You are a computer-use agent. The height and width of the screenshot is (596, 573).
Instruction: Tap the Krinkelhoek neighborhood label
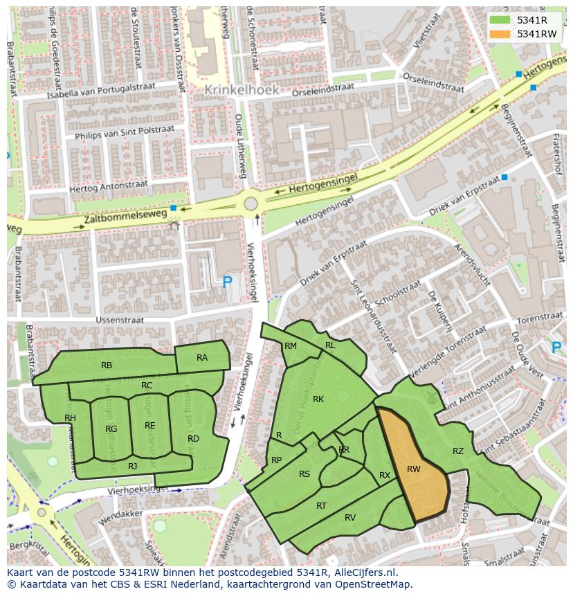click(x=242, y=90)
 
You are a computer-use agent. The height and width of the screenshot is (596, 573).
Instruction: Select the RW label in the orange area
click(x=414, y=469)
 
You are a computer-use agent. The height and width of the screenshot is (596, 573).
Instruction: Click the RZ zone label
click(x=458, y=451)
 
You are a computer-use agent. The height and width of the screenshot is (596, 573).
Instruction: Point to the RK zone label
click(x=318, y=399)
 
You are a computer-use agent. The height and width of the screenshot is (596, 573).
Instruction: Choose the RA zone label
click(x=202, y=358)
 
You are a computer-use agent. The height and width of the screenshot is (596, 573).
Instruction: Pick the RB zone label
click(x=107, y=365)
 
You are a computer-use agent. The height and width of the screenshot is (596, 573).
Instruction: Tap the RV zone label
click(x=350, y=517)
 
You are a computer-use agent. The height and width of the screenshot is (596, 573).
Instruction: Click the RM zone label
click(x=291, y=346)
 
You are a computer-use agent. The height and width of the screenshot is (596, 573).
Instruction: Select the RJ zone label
click(x=133, y=467)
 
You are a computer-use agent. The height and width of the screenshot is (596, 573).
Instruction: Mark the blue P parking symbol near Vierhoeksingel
click(x=227, y=282)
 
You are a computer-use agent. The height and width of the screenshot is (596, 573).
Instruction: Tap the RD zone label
click(x=193, y=439)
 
